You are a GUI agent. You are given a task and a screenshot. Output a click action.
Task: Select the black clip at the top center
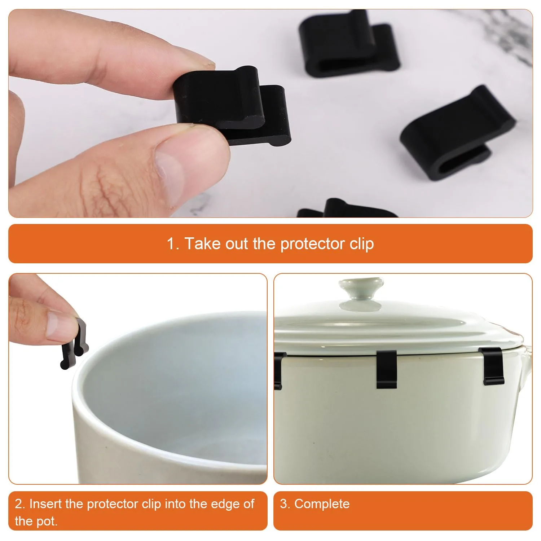click(x=348, y=45)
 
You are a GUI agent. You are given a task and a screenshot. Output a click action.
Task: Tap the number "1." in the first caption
click(x=173, y=244)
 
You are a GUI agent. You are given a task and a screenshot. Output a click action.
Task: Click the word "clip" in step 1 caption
click(x=362, y=244)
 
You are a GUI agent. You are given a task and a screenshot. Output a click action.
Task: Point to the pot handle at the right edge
click(x=527, y=364)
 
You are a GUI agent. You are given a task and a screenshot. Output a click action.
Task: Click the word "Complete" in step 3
click(x=322, y=504)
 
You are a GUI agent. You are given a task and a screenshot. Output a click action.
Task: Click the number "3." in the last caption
click(x=285, y=504)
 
